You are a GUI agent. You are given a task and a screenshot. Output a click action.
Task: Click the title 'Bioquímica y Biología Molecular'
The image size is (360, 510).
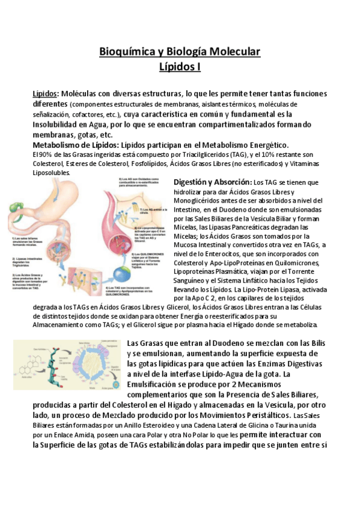180,52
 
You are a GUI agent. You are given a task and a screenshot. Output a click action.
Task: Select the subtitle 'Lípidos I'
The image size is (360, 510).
180,67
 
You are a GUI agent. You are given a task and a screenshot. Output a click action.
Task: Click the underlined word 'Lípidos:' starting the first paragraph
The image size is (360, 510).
44,94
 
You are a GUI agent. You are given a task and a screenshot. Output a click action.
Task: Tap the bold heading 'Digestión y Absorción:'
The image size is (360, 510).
212,182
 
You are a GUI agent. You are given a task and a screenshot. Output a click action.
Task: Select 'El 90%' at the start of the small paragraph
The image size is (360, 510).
42,155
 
